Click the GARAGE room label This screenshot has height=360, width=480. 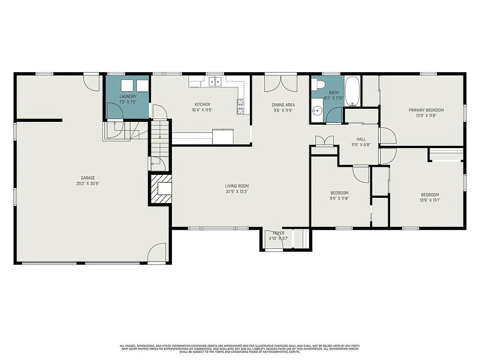88,178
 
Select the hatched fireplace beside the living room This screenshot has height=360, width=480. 161,189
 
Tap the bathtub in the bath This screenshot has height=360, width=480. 352,92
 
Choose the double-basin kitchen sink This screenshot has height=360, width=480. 215,82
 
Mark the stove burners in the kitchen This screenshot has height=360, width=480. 240,106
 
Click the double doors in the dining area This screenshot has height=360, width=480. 280,83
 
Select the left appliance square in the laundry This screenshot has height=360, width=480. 127,85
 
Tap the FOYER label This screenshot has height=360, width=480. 278,233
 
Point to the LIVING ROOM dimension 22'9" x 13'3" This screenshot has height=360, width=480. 236,191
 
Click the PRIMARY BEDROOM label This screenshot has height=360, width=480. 426,110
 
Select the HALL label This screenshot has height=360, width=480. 360,139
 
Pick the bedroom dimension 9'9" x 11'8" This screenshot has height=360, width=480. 339,198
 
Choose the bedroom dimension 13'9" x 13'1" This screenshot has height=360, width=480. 430,201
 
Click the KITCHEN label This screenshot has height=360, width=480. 202,104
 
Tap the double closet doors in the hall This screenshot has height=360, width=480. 324,141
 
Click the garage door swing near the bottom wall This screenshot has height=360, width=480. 157,253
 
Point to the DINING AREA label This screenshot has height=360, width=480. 283,105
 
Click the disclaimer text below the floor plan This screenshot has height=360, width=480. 240,348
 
